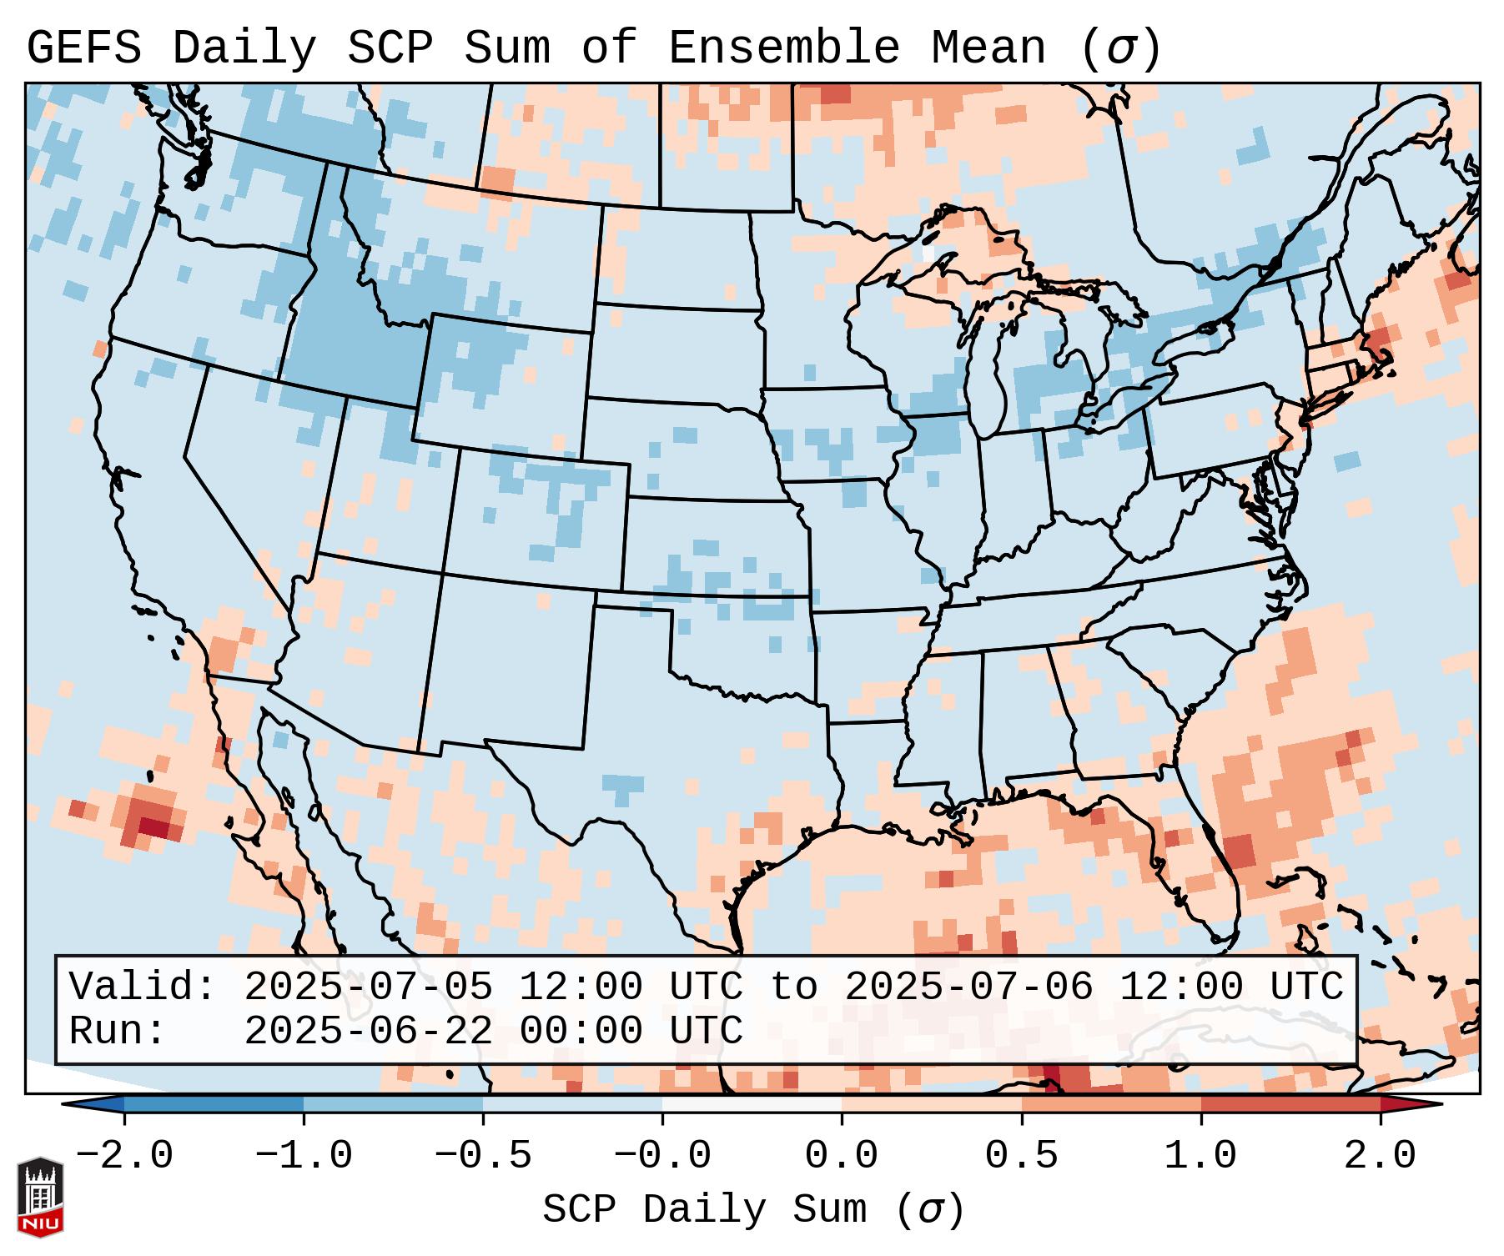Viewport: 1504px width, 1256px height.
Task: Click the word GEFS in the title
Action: (83, 48)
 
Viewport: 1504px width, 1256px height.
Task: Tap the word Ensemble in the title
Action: (783, 48)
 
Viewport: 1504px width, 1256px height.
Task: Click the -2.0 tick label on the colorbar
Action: (124, 1156)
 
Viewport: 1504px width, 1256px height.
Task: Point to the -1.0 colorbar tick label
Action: (304, 1156)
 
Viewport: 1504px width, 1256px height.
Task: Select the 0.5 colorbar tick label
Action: (1021, 1156)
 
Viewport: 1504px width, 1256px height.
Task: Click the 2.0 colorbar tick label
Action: (1380, 1156)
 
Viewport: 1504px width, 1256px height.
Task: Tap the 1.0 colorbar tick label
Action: (1200, 1156)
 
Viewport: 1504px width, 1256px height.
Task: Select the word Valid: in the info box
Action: (143, 987)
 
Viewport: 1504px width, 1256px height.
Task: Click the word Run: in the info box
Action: (118, 1032)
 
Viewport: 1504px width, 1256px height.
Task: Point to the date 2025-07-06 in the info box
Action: (968, 987)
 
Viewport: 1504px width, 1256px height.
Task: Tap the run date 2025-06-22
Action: (368, 1032)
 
